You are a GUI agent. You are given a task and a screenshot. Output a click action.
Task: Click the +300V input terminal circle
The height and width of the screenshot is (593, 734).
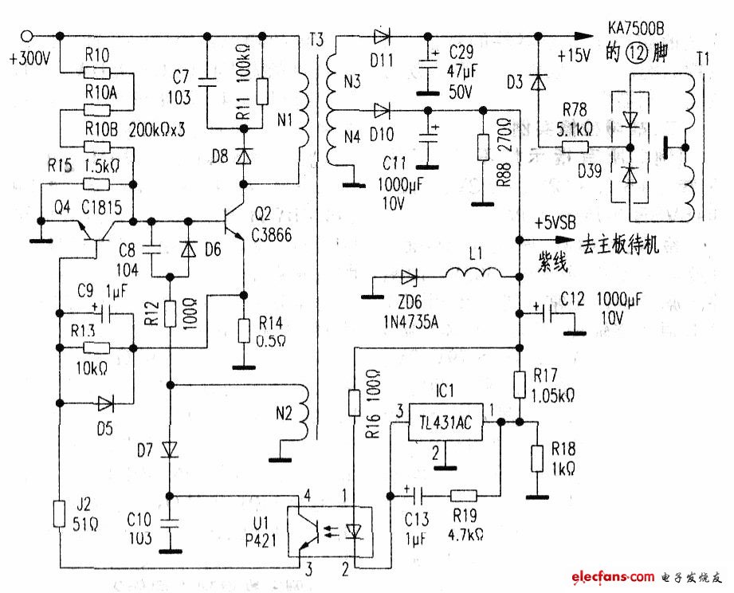point(28,36)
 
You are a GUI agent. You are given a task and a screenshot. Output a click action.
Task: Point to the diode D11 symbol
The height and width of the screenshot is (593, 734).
point(381,36)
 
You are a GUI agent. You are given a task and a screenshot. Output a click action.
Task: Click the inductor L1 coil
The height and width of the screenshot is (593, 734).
point(474,277)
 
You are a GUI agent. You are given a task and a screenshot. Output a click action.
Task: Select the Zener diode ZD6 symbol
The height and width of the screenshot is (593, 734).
point(410,277)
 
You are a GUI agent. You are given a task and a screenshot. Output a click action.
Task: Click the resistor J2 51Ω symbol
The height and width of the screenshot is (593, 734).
point(60,514)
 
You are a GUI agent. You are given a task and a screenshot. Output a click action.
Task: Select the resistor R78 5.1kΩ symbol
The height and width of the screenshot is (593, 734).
point(573,147)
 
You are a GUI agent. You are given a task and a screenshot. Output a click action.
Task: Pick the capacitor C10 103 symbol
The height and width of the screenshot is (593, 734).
point(170,522)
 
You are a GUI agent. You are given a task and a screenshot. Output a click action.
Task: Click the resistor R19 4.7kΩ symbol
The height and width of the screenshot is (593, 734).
point(463,494)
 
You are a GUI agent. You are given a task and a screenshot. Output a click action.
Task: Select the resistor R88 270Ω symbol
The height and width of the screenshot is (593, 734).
point(482,148)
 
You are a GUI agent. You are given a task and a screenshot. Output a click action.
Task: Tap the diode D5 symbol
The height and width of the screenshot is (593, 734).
point(104,403)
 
